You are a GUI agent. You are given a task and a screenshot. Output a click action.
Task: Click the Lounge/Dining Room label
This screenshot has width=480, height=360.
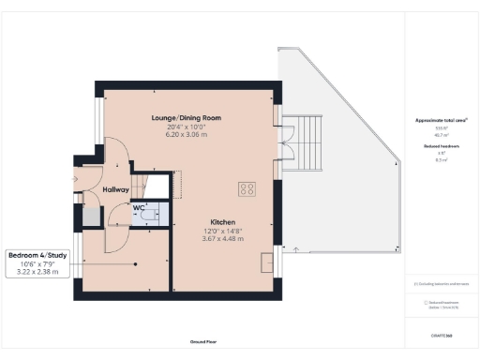tap(185, 118)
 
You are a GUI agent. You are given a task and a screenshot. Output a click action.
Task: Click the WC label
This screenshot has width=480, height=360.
tap(138, 207)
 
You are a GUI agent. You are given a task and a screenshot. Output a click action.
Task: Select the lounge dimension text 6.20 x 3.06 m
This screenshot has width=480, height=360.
tap(185, 135)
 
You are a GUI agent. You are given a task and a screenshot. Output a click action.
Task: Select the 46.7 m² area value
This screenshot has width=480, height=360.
tap(440, 136)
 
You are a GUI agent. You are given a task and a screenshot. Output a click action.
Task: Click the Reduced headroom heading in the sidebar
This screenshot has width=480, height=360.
tap(440, 145)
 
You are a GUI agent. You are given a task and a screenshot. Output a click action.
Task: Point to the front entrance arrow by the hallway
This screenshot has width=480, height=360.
tap(75, 176)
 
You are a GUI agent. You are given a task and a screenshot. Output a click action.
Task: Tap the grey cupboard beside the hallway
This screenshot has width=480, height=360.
tap(90, 215)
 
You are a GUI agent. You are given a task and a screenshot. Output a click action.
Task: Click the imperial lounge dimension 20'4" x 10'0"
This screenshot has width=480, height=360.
tap(185, 127)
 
